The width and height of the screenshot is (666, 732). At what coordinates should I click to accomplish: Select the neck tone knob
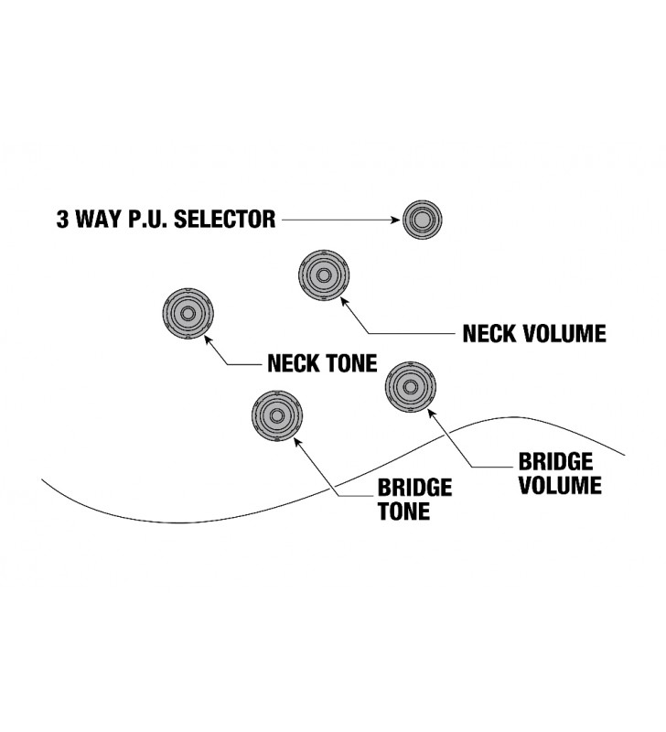pos(188,313)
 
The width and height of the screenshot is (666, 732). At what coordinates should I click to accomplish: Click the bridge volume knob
pos(410,387)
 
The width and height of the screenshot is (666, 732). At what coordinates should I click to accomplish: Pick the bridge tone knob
pos(275,414)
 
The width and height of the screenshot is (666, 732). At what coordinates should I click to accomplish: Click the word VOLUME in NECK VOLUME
pos(566,333)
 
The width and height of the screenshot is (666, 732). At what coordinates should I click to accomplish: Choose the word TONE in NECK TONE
pos(352,364)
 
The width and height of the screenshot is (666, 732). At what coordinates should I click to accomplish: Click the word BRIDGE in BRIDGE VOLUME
pos(555,461)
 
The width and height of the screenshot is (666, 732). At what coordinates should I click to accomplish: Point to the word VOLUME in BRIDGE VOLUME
pos(560,485)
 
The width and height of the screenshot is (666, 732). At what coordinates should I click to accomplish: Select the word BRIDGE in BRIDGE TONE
pos(415,488)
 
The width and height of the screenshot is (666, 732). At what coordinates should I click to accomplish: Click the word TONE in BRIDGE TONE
pos(403,511)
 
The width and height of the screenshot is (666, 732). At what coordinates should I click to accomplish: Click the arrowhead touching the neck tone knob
pos(209,339)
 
